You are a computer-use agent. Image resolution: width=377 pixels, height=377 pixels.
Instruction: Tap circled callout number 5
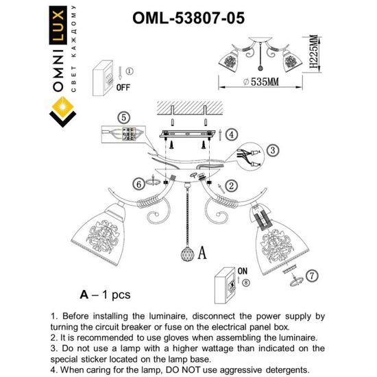click(x=123, y=117)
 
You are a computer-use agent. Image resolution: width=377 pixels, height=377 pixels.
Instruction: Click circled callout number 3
click(x=272, y=149)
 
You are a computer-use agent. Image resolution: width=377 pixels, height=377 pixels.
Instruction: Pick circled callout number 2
click(x=232, y=184)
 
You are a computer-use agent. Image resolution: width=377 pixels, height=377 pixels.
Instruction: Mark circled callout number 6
click(x=140, y=184)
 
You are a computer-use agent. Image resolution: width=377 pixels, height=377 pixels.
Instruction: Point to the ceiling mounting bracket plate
click(x=189, y=134)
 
